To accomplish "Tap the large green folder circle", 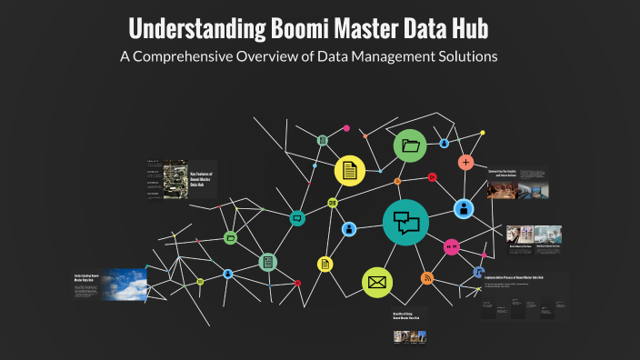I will (x=410, y=145).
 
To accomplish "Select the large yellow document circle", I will (x=349, y=170).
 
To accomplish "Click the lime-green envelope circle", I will (x=376, y=283).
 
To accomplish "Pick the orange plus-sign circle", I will (x=465, y=163).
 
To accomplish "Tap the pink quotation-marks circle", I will (x=452, y=246).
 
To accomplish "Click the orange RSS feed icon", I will (x=427, y=278).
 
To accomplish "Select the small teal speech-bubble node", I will (x=297, y=219).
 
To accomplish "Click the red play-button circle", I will (x=433, y=177).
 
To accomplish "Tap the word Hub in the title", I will (x=469, y=29).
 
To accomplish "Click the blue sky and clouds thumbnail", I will (x=124, y=284).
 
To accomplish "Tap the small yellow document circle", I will (x=325, y=264).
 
